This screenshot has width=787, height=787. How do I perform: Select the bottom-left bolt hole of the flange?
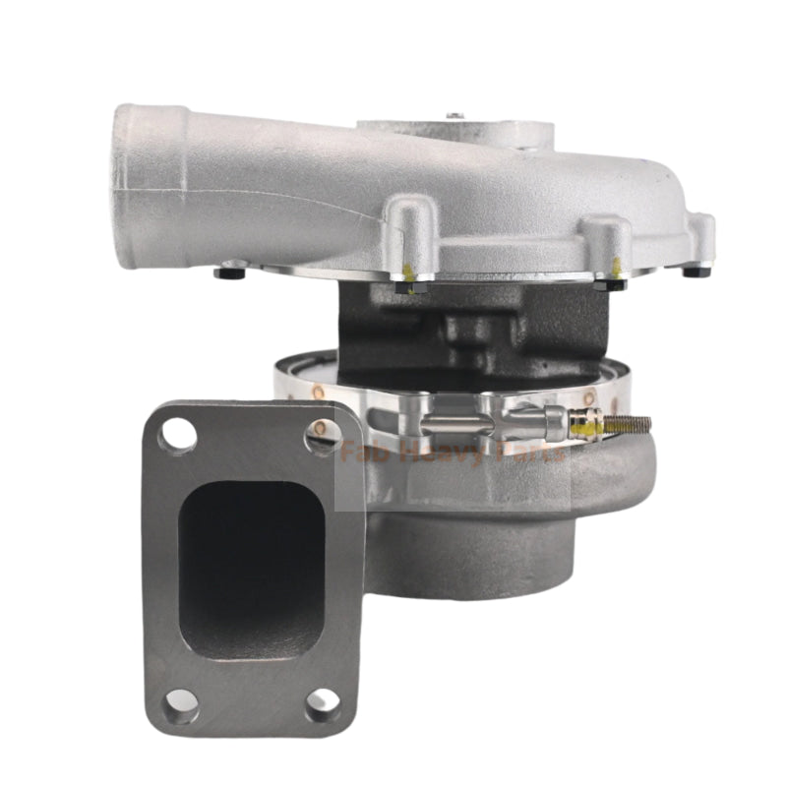click(x=180, y=699)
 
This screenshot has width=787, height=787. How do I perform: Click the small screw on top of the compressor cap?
click(x=454, y=116)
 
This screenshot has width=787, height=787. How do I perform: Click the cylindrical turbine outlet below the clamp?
click(x=472, y=561)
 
